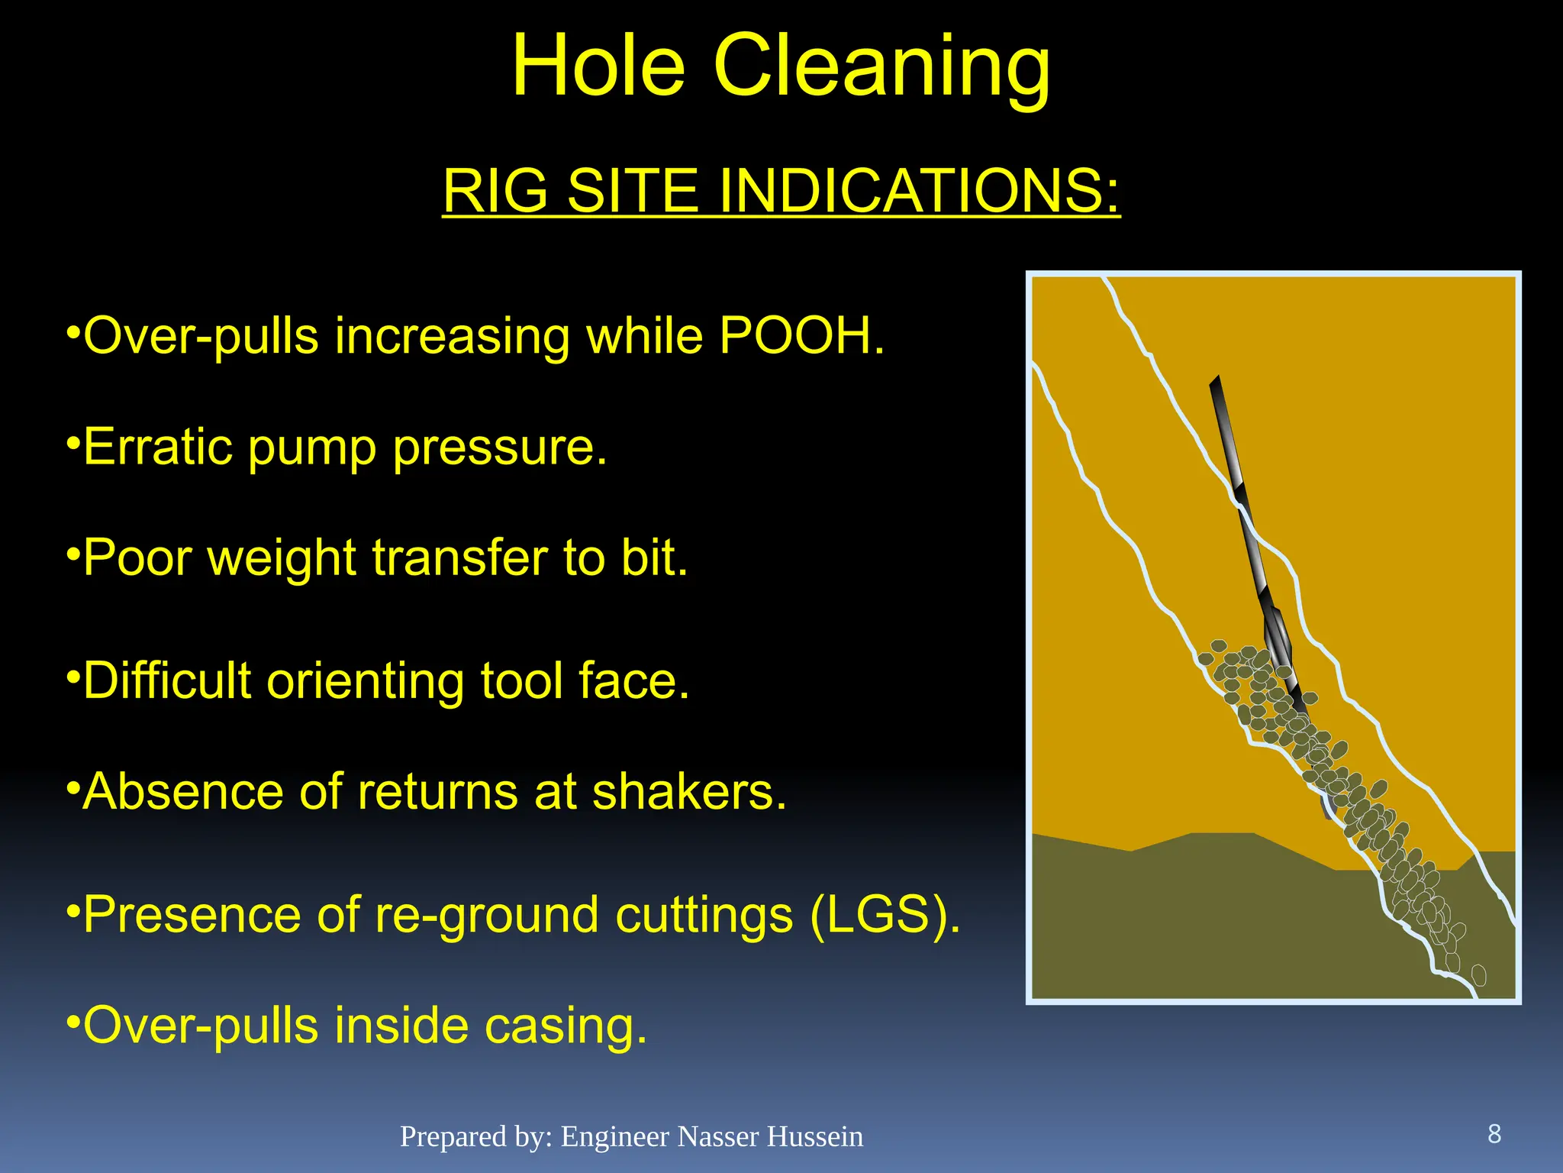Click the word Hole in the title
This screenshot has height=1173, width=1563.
click(x=598, y=67)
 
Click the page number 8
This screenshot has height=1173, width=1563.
click(x=1494, y=1134)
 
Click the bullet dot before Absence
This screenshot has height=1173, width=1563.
click(x=73, y=785)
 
